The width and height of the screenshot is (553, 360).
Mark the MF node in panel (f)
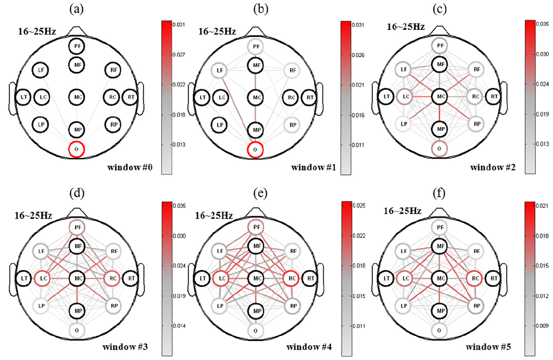pos(440,245)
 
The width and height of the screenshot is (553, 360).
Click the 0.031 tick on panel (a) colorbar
pos(179,25)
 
